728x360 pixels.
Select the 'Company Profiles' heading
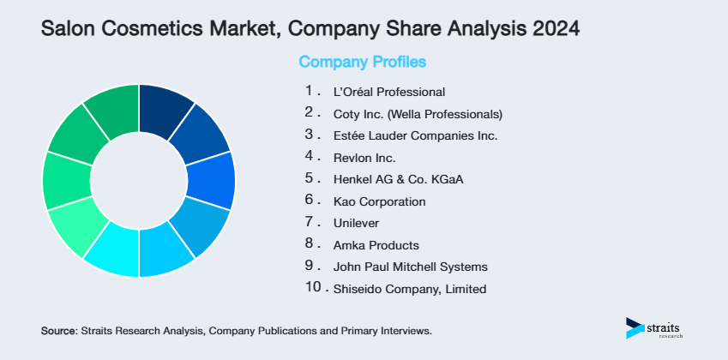tap(362, 62)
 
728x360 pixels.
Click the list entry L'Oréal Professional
tap(389, 91)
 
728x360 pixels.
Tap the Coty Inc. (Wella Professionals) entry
tap(418, 113)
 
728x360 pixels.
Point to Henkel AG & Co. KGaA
tap(390, 179)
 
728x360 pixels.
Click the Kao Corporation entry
tap(379, 201)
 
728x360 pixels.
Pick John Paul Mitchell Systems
tap(410, 267)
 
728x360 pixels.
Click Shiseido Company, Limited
tap(410, 289)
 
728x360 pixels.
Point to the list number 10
tap(312, 288)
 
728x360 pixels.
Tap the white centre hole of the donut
tap(139, 181)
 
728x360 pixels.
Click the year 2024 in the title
tap(555, 28)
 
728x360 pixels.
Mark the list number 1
tap(310, 90)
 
